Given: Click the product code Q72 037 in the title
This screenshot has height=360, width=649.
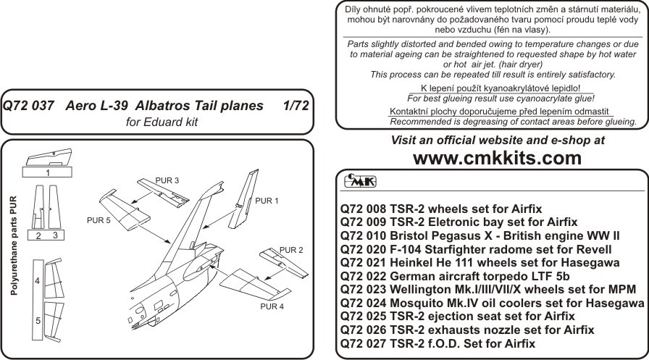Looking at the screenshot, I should click(28, 106).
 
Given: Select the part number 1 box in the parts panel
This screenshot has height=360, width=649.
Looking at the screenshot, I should click(48, 173).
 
